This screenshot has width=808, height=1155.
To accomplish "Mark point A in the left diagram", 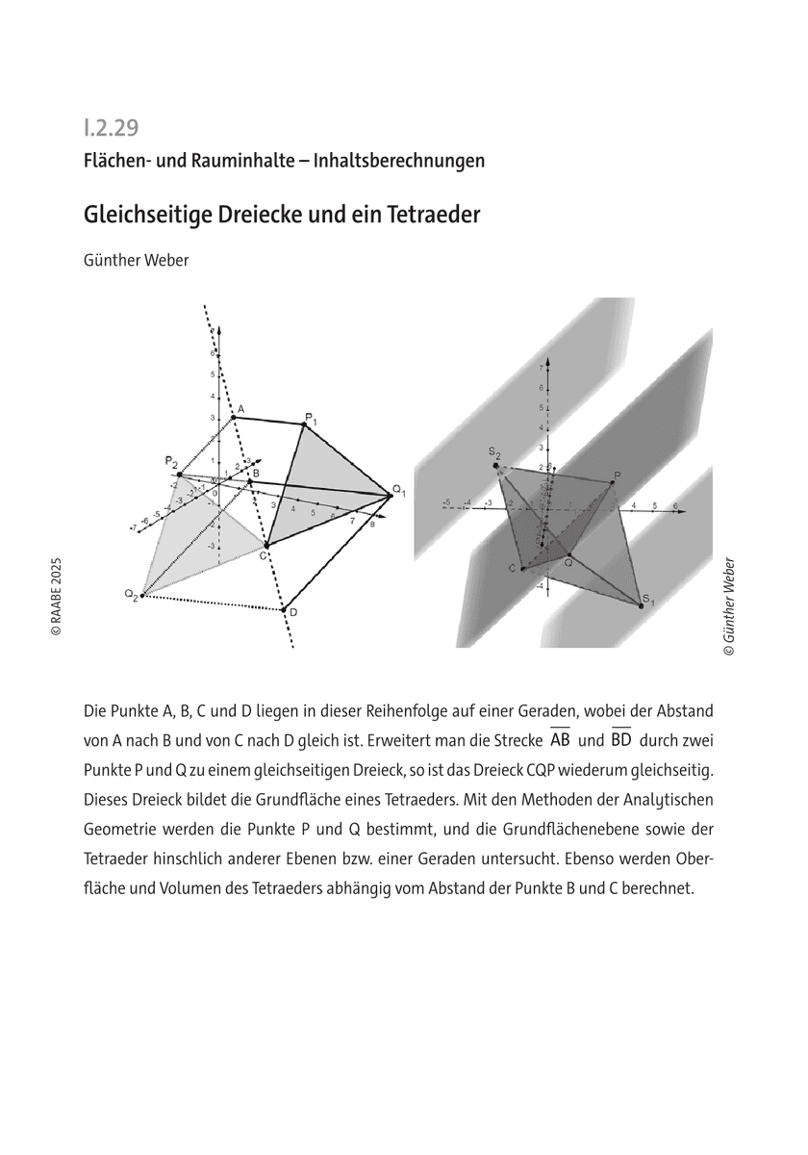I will (234, 416).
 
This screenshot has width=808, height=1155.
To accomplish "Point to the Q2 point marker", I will (141, 597).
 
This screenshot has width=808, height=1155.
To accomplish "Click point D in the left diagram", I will (283, 609).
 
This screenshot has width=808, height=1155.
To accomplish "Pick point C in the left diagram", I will (266, 546).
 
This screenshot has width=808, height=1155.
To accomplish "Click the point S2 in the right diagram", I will (496, 466).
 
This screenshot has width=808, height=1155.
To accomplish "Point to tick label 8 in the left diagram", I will (372, 525).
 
